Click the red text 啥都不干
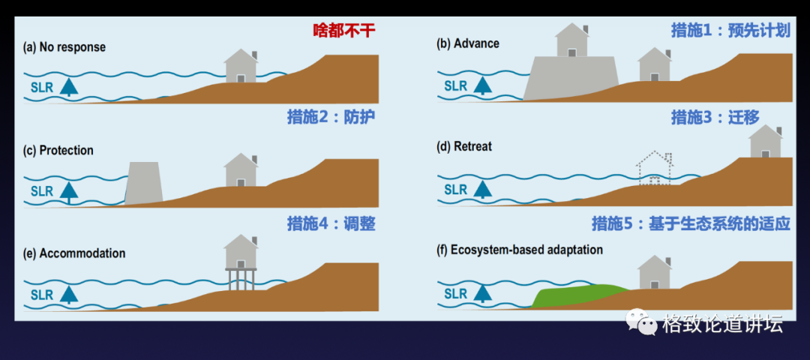pos(343,31)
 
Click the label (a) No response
pos(64,47)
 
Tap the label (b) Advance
pos(468,43)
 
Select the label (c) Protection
pos(59,150)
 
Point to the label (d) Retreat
pos(464,146)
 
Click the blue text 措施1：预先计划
pos(730,31)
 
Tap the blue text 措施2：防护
pos(331,118)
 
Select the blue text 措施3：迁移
pos(715,117)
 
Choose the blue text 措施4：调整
pos(331,223)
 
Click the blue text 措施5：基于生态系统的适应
pos(691,223)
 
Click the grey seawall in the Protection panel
pos(143,183)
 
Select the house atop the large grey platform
pos(571,40)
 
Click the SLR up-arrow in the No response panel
pos(69,87)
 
